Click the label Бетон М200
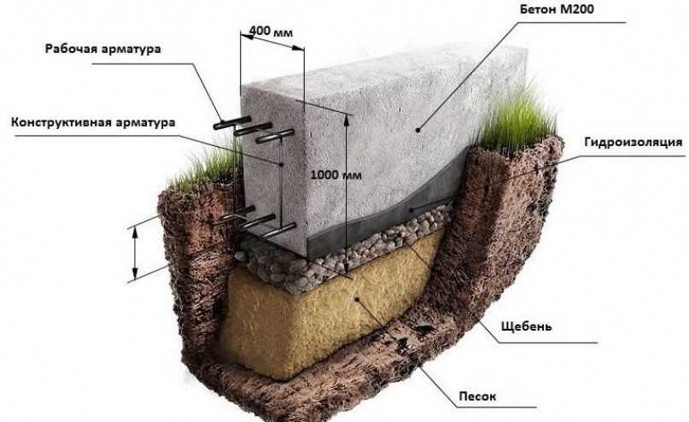tap(557, 9)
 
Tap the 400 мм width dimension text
tap(271, 32)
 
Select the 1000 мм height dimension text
tap(336, 175)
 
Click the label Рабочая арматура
tap(102, 49)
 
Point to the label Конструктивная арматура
tap(93, 122)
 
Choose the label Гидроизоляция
tap(634, 143)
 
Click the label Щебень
tap(527, 326)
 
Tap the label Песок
tap(477, 396)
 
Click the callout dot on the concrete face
tap(417, 130)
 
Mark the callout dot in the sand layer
tap(357, 299)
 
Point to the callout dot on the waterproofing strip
tap(412, 210)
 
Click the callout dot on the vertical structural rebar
tap(281, 164)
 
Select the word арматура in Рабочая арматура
tap(131, 49)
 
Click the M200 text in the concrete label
tap(576, 9)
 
